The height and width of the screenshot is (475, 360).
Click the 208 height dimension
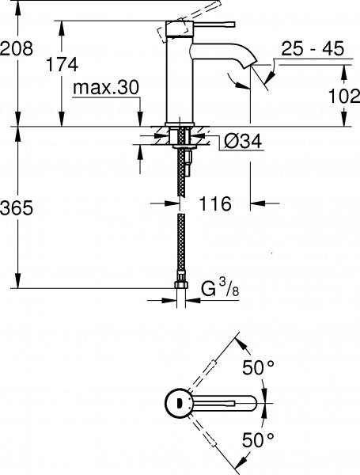[17, 48]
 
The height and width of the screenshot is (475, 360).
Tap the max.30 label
[104, 87]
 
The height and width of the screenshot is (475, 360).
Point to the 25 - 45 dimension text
[312, 49]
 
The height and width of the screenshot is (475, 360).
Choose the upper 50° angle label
[257, 367]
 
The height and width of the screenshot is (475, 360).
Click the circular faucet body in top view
[181, 403]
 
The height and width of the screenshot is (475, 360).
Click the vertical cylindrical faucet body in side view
[180, 79]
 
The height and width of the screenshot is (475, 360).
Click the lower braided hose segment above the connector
[181, 245]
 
